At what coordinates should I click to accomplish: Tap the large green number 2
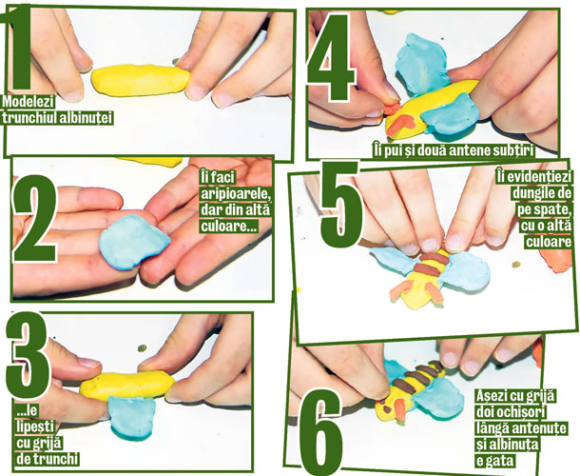click(x=34, y=219)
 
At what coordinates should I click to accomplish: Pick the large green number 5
click(x=341, y=205)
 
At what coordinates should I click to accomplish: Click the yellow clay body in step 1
click(x=141, y=80)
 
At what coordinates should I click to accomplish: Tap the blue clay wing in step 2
click(x=134, y=242)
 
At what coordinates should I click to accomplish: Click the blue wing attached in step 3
click(x=132, y=418)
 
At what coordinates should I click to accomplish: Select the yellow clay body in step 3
click(x=126, y=386)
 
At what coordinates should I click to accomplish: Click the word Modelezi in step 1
click(x=29, y=102)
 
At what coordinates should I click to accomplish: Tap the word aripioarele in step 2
click(x=235, y=193)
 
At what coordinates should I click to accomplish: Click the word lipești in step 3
click(x=35, y=426)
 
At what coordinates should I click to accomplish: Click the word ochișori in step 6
click(x=512, y=412)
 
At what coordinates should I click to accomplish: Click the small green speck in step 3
click(x=142, y=348)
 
